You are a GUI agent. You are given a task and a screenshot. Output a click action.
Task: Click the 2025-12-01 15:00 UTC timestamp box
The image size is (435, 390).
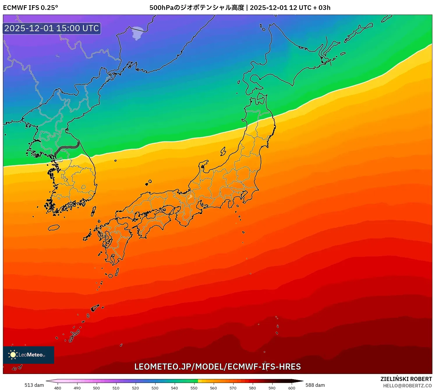click(52, 29)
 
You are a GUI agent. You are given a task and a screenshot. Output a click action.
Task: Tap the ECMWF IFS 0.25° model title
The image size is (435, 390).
click(31, 8)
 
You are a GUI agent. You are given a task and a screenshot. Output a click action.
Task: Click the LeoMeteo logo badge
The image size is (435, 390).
click(29, 355)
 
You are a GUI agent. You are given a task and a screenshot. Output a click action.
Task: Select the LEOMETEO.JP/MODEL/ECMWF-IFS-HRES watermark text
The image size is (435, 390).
click(217, 367)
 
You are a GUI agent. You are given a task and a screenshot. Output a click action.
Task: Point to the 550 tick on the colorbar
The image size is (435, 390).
click(194, 388)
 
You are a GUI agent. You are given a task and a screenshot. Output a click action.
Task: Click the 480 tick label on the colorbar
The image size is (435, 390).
click(58, 388)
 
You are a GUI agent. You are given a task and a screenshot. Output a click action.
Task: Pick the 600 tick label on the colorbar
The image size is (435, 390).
click(291, 388)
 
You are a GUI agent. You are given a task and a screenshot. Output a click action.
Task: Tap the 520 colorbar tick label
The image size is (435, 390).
click(135, 388)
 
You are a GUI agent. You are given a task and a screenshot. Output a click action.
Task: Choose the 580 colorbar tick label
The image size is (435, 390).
click(252, 388)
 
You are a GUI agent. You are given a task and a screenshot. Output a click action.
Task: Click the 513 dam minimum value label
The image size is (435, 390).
click(34, 385)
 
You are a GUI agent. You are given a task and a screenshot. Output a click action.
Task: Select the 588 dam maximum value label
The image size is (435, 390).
click(315, 385)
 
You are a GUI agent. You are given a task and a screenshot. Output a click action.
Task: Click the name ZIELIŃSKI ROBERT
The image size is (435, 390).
click(406, 379)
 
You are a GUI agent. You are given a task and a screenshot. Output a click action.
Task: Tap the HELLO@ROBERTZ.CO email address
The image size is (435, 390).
click(407, 386)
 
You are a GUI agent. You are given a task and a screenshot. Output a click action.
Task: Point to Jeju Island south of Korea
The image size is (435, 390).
click(54, 227)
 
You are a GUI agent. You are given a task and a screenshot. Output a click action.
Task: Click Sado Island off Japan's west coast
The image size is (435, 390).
click(223, 151)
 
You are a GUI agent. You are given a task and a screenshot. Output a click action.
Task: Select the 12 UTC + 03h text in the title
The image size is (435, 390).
click(310, 8)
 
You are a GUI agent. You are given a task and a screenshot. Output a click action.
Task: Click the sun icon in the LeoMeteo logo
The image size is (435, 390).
click(13, 354)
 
